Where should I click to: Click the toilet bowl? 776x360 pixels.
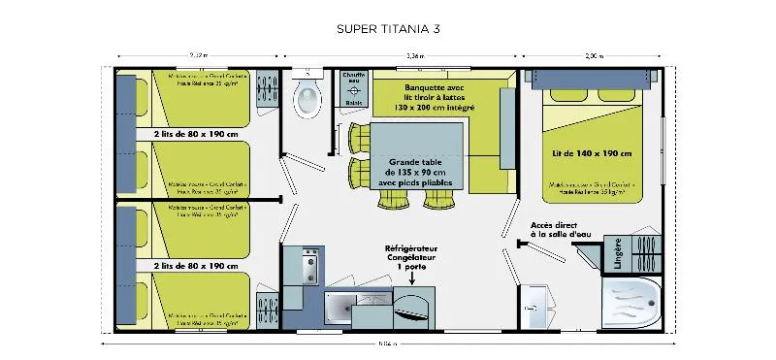pos(307,98)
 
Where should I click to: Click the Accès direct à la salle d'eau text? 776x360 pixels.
pos(562,232)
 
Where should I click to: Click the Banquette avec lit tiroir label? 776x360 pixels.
pos(427,98)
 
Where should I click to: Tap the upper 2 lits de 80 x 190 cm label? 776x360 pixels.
pos(195,134)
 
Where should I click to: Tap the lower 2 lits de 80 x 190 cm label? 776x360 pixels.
pos(195,265)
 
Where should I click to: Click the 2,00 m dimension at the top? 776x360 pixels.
pos(594,55)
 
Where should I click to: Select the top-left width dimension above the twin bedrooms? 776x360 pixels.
pos(198,55)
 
